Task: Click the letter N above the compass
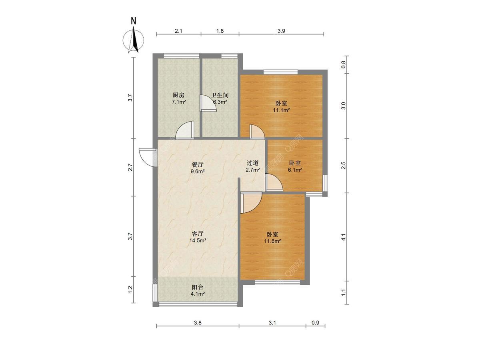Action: (x=133, y=21)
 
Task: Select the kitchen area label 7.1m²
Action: (x=179, y=102)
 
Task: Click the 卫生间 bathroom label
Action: (x=220, y=95)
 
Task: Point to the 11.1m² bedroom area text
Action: (x=281, y=110)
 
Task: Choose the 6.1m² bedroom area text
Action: (x=295, y=170)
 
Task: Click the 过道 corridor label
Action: (x=252, y=163)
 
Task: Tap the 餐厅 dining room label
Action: (x=198, y=164)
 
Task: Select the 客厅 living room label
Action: (x=198, y=234)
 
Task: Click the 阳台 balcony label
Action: (x=198, y=287)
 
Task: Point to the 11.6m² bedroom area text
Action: (x=272, y=241)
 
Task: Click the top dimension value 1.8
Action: (x=220, y=31)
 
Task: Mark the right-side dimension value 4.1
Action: (x=344, y=237)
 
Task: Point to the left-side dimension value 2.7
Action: (x=130, y=167)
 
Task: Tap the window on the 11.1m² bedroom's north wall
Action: (x=280, y=72)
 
